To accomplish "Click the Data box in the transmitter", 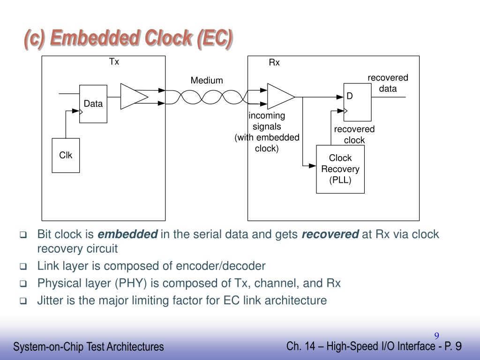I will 93,104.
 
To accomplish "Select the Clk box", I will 66,155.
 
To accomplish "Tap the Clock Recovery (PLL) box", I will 340,169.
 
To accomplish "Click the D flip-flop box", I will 357,102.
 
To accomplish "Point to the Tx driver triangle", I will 134,97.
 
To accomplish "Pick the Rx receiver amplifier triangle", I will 280,97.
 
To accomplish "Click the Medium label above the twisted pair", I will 206,81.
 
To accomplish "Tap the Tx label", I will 114,62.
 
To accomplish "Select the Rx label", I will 274,63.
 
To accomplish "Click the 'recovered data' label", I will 388,83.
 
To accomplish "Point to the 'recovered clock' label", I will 354,135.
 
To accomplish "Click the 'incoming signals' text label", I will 267,121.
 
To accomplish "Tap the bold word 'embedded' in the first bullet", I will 127,234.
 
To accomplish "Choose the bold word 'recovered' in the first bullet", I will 330,234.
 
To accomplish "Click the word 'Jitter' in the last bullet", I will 50,300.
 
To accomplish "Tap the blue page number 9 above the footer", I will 436,336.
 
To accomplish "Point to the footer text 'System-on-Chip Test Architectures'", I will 89,347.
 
